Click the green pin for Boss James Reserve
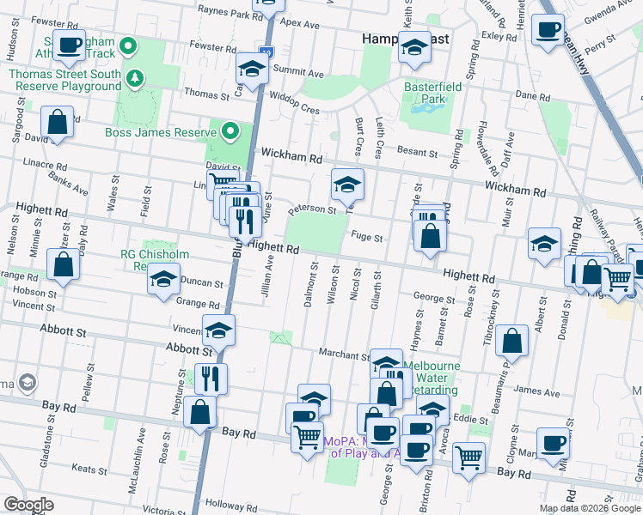tap(230, 131)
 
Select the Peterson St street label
tap(311, 209)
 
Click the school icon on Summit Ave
tap(252, 69)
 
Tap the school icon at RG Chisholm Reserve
tap(162, 280)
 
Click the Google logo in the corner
tap(29, 505)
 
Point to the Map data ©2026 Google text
tap(591, 508)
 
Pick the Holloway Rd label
tap(225, 505)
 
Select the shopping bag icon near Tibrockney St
tap(511, 342)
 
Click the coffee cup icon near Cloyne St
tap(554, 443)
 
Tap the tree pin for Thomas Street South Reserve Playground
tap(135, 80)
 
